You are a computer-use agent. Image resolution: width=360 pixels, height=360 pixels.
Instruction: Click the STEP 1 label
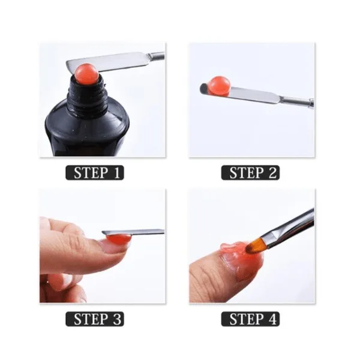pyautogui.click(x=95, y=173)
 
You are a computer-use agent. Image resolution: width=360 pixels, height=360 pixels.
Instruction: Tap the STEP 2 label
pyautogui.click(x=250, y=173)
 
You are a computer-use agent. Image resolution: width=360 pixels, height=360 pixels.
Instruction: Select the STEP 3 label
pyautogui.click(x=95, y=319)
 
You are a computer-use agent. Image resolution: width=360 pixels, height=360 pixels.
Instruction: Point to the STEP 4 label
pyautogui.click(x=250, y=319)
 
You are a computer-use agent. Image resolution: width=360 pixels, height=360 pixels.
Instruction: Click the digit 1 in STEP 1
pyautogui.click(x=116, y=173)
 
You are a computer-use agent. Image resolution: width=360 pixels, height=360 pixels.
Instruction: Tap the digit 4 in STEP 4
pyautogui.click(x=272, y=319)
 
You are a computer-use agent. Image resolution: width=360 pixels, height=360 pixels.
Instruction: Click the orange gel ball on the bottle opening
pyautogui.click(x=87, y=74)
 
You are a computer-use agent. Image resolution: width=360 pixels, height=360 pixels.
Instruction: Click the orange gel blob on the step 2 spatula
pyautogui.click(x=218, y=86)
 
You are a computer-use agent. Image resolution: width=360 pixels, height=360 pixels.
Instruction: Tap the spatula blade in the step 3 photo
pyautogui.click(x=133, y=232)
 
